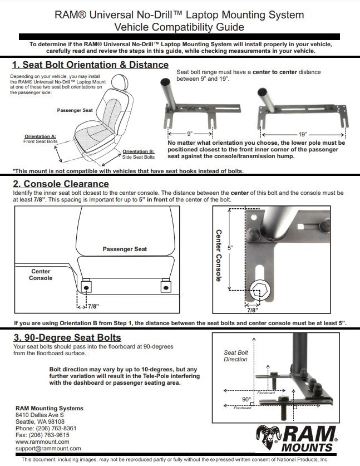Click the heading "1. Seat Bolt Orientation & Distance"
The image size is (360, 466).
click(90, 65)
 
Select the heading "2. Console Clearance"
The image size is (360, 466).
click(61, 184)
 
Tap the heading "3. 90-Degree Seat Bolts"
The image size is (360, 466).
click(67, 337)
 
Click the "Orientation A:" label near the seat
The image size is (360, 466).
click(41, 136)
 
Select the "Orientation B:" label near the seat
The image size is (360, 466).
click(139, 151)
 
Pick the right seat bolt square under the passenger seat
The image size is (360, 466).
click(165, 287)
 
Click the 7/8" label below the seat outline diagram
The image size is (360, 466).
click(92, 306)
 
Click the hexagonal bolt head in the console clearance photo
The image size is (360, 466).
click(258, 290)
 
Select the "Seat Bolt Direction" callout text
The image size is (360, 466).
click(235, 356)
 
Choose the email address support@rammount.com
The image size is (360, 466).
click(48, 448)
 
